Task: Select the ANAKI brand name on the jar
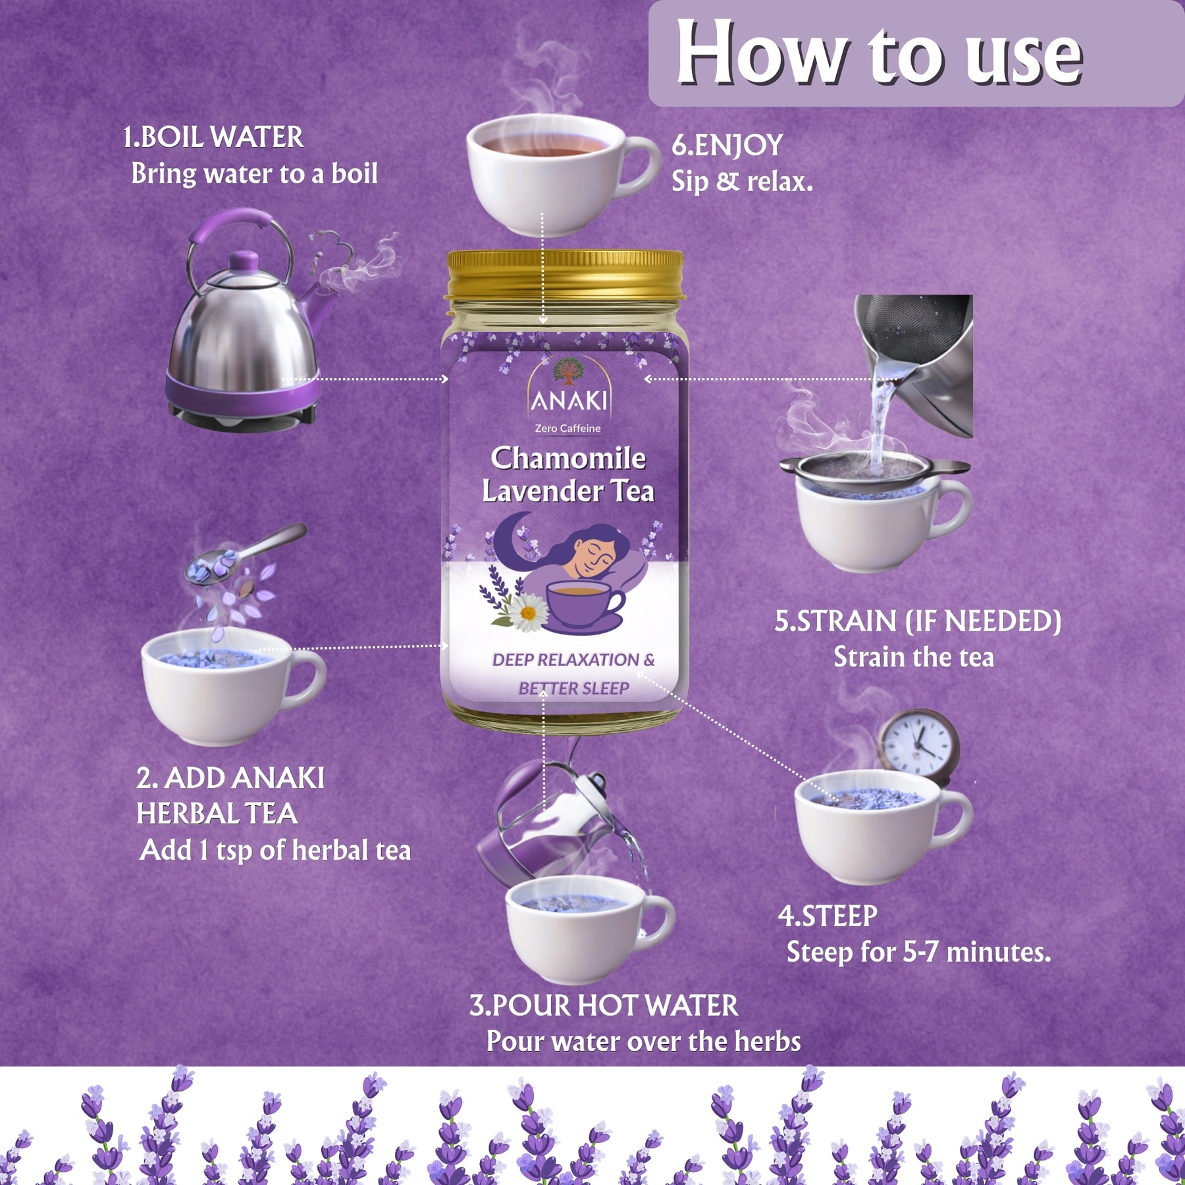[x=569, y=400]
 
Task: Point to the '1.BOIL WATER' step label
[x=213, y=138]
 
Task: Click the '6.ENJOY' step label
[x=727, y=145]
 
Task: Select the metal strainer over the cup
[x=875, y=469]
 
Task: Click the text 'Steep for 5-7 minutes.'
[x=919, y=953]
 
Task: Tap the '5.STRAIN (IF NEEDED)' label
[x=918, y=621]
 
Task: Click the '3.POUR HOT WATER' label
[x=604, y=1005]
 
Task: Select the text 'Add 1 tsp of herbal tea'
[x=275, y=850]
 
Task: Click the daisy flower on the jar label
[x=527, y=612]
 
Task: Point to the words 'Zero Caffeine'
[x=568, y=429]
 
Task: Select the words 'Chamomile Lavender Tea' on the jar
[x=568, y=474]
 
